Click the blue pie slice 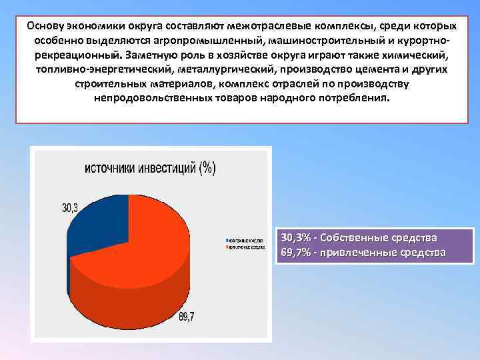click(x=93, y=220)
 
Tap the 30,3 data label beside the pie click(x=70, y=208)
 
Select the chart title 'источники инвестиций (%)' click(x=149, y=168)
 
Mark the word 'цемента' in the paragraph click(x=376, y=70)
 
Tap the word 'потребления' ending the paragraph click(x=354, y=98)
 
